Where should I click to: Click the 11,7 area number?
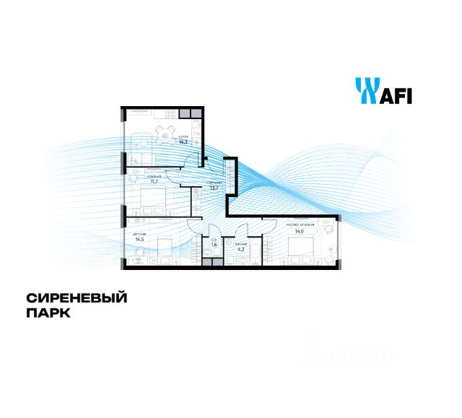pos(153,182)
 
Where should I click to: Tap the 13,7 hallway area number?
pos(214,188)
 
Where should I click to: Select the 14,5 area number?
pos(139,240)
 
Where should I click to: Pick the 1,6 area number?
pos(213,244)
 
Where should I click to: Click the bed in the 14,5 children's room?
pos(167,249)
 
